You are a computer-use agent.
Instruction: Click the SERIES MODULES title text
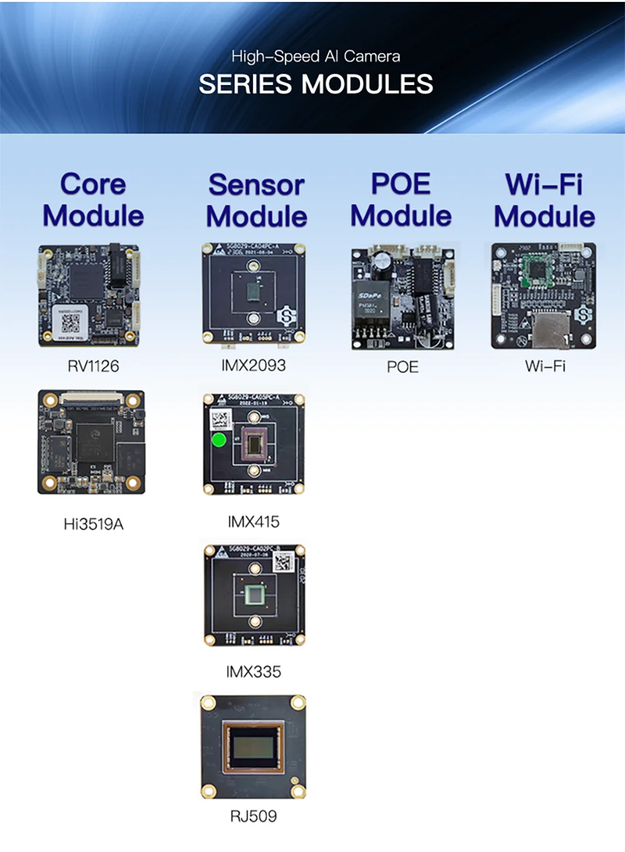coord(316,84)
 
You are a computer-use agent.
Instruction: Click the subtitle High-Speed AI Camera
coord(316,56)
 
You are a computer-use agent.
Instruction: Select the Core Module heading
coord(93,200)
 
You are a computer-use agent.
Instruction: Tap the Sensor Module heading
coord(256,201)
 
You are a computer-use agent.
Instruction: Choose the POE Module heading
coord(401,200)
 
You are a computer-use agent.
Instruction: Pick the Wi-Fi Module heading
coord(544,201)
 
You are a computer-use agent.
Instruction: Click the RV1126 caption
coord(93,366)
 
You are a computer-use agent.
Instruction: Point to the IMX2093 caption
coord(253,365)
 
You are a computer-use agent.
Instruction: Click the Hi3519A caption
coord(93,524)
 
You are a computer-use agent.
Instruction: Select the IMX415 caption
coord(253,522)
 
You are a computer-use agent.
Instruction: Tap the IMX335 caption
coord(253,672)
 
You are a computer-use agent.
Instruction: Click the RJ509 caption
coord(253,816)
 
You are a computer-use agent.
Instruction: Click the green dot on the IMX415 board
coord(219,440)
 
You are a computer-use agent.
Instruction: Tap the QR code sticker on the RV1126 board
coord(70,323)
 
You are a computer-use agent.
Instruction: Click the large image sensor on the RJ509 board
coord(254,749)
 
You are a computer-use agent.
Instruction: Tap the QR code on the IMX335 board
coord(283,562)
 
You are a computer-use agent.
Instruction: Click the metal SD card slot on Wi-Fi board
coord(551,330)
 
